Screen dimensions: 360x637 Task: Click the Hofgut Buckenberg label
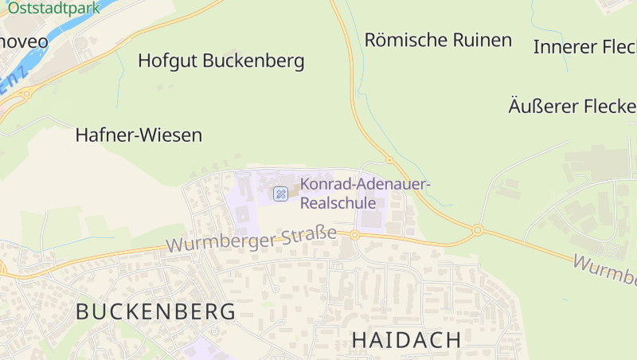[221, 61]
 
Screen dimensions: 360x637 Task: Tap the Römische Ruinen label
[438, 40]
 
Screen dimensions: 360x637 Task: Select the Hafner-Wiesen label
[139, 135]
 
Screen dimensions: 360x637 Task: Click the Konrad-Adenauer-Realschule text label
[365, 194]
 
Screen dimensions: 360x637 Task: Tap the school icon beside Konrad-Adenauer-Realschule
[280, 194]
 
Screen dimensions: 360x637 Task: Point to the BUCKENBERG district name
[156, 311]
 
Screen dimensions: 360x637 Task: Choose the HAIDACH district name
[406, 339]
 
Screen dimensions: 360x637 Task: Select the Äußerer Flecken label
[572, 106]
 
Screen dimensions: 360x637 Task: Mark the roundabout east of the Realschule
[477, 230]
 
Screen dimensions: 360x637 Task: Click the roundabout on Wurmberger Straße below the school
[354, 235]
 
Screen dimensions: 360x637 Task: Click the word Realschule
[338, 203]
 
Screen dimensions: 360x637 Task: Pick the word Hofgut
[167, 61]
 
